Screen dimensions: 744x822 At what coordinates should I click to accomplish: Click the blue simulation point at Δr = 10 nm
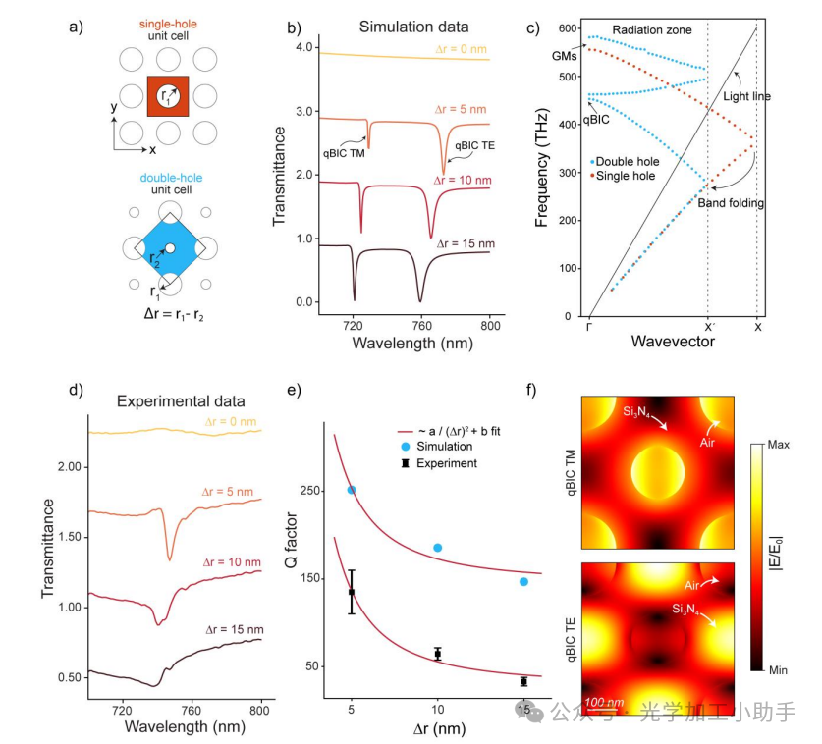point(438,548)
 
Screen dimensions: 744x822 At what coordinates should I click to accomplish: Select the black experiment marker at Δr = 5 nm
point(352,592)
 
